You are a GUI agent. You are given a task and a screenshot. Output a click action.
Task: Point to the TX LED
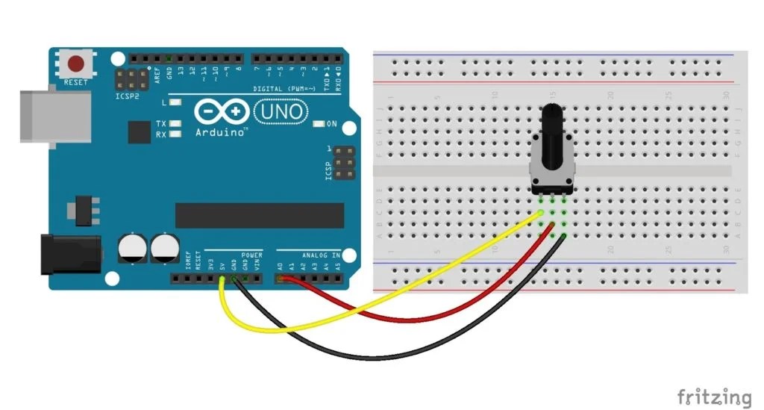click(x=176, y=123)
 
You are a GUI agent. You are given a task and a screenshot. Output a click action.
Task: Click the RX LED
click(x=176, y=134)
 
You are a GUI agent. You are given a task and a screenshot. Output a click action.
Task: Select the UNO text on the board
click(x=281, y=112)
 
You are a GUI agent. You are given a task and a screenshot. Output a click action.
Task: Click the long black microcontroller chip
click(x=259, y=215)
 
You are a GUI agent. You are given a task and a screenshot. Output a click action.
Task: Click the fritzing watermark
click(x=714, y=397)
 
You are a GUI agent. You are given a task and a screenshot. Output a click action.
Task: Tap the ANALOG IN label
click(x=321, y=255)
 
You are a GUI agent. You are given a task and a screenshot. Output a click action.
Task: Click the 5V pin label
click(x=222, y=265)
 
